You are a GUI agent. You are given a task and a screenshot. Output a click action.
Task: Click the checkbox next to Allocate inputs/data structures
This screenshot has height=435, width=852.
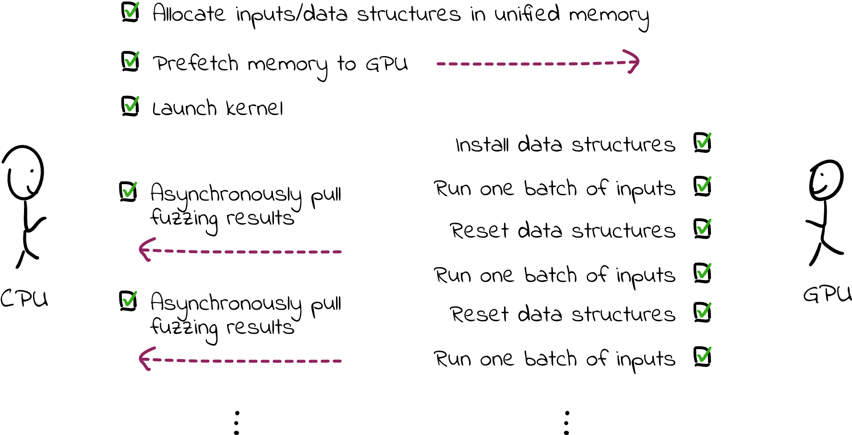click(130, 12)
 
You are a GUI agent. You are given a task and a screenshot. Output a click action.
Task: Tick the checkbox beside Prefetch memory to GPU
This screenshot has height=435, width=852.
click(130, 62)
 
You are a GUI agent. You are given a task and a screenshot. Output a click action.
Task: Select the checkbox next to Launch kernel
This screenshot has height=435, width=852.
click(130, 106)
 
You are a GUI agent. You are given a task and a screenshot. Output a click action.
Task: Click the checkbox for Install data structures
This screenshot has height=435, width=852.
click(702, 143)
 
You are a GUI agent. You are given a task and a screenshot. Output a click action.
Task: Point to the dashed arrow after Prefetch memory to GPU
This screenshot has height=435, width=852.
click(538, 63)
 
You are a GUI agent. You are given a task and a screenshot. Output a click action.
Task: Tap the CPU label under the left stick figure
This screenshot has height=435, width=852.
click(24, 299)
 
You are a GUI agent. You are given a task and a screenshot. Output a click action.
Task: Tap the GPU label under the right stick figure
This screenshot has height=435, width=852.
click(827, 294)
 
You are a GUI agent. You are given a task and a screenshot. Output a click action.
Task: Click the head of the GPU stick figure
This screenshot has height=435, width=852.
click(826, 179)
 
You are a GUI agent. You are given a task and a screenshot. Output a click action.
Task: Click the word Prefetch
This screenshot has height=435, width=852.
click(195, 64)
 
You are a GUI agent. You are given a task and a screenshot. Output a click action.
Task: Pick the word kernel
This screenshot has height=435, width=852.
click(254, 109)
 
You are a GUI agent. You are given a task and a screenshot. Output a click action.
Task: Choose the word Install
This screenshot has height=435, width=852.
click(481, 145)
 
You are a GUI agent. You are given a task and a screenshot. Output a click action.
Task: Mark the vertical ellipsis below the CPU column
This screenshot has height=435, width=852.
click(236, 423)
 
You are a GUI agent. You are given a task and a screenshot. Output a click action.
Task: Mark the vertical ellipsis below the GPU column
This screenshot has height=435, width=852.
click(566, 423)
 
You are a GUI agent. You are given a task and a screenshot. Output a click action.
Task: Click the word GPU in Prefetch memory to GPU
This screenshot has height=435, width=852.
click(386, 64)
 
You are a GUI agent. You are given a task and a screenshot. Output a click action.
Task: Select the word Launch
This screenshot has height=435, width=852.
click(184, 109)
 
